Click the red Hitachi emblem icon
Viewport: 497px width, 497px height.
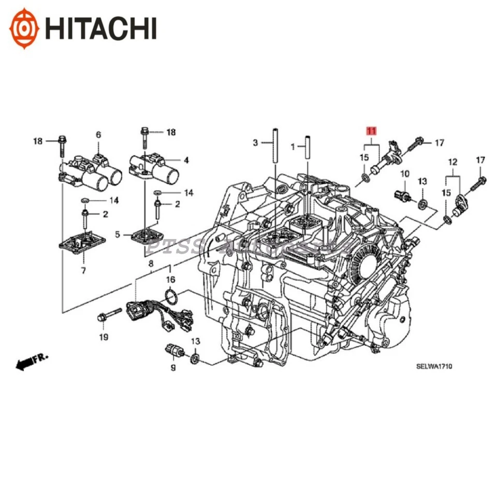pos(26,27)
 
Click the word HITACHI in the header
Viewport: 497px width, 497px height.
pos(100,27)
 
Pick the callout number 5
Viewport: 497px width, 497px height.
pos(118,235)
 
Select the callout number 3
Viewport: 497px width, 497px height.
pos(255,142)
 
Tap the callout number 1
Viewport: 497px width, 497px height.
pos(293,147)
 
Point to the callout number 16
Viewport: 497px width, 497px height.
pos(170,280)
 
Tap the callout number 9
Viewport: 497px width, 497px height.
pos(173,368)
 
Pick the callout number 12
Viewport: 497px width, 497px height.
pos(453,162)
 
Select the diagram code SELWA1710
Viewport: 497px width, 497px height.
pos(434,367)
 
